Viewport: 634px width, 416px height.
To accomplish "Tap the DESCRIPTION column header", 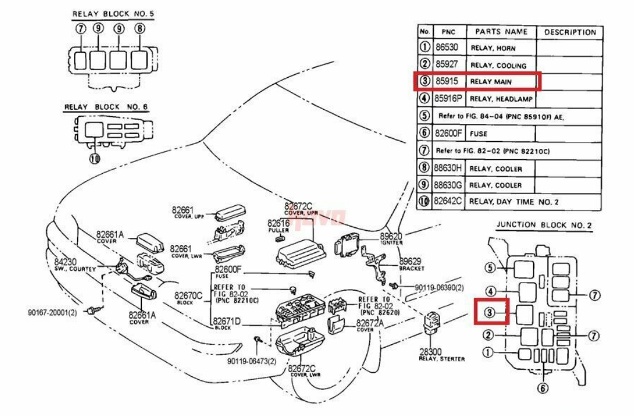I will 569,32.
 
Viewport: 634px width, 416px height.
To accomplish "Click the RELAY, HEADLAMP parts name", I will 500,99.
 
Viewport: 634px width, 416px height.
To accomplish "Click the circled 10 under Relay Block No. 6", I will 94,158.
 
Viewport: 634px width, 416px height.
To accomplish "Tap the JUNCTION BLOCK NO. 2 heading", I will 544,226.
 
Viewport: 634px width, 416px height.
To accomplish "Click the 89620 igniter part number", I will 392,236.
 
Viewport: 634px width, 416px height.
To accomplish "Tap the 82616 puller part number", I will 278,223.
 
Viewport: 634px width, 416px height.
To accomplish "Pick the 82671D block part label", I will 227,321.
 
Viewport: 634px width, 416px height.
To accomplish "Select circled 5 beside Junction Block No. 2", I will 490,268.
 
